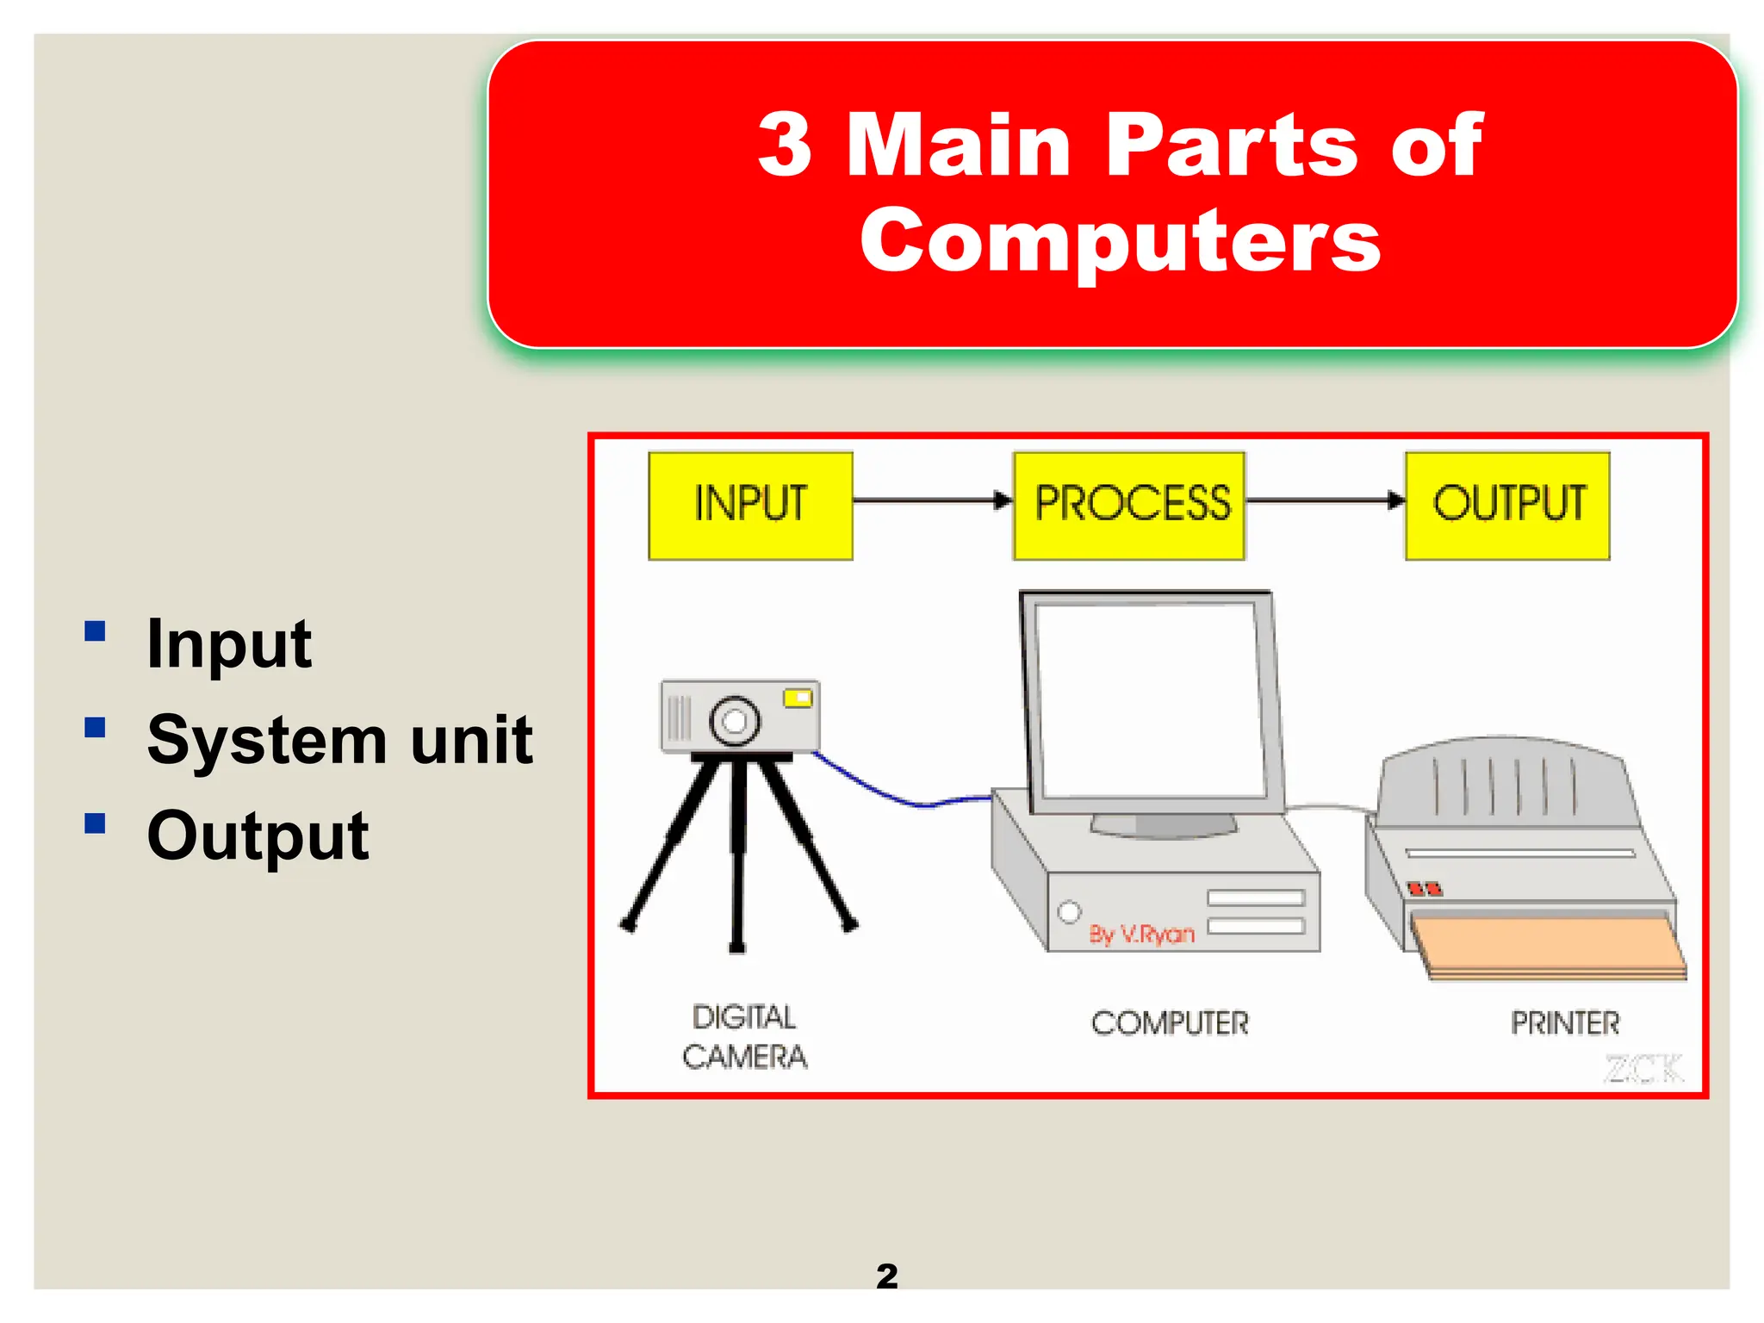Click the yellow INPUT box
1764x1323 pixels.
750,506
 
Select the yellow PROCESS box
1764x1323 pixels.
1129,506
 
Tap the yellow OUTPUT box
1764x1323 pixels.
1507,506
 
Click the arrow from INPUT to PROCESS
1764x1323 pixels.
930,500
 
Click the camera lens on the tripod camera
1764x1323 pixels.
735,720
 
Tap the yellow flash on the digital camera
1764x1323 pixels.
798,698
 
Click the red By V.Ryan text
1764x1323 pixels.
1141,935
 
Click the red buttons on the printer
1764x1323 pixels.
1424,888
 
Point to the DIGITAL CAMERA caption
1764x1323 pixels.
745,1037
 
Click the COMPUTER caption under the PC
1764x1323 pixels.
1170,1023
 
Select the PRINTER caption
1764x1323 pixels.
1565,1023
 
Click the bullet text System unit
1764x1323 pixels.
339,741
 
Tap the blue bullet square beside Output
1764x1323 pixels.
95,824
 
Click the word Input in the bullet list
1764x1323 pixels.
229,644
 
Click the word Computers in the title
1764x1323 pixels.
1120,241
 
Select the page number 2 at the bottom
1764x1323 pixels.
886,1276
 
